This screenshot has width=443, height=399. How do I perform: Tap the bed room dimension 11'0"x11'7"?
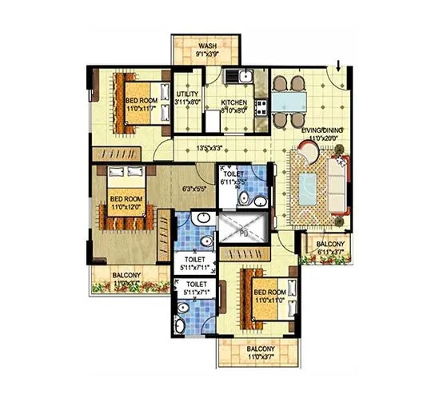coord(146,107)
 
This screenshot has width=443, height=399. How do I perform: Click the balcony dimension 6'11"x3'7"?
coord(328,253)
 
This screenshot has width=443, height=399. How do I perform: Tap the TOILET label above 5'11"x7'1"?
coord(196,284)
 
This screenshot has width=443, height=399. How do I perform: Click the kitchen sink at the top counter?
coord(243,78)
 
